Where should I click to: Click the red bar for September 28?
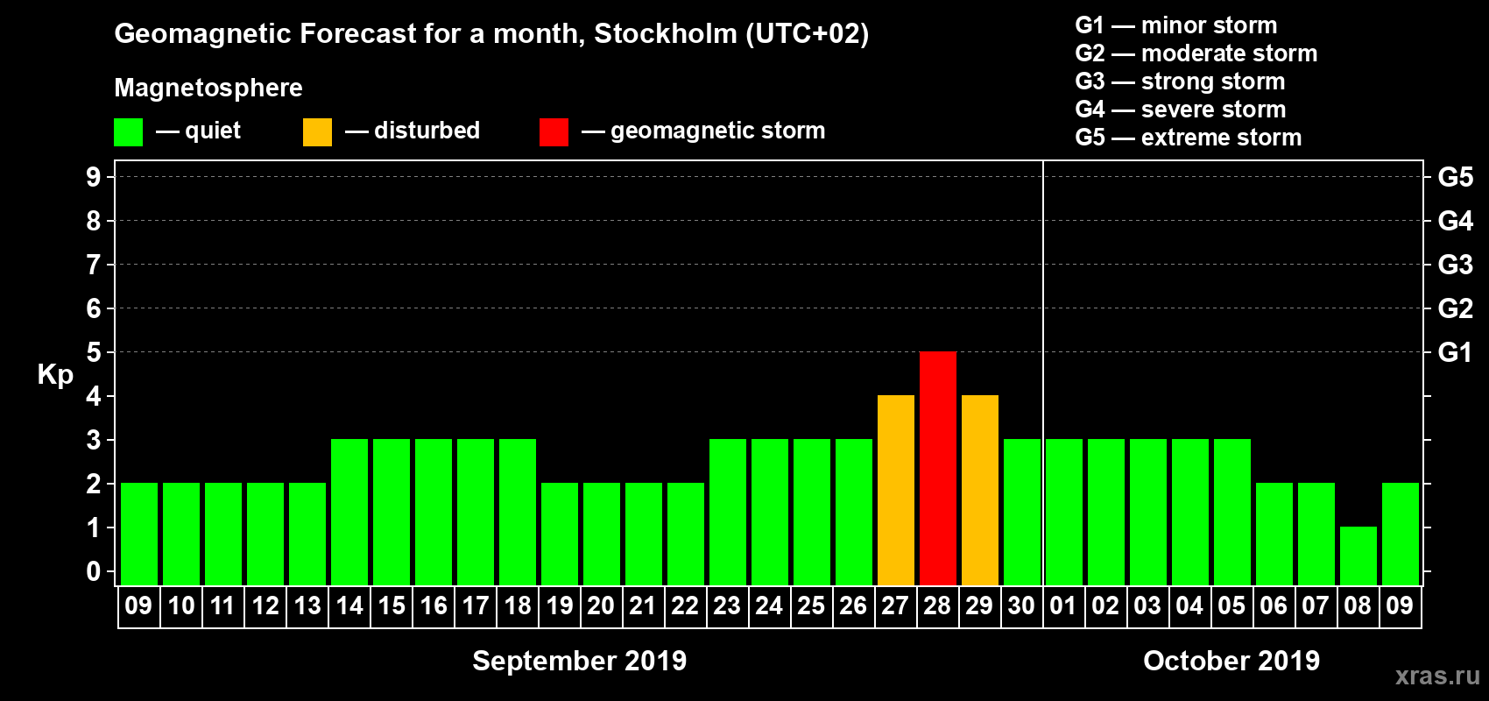point(938,468)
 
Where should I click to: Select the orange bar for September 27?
point(896,490)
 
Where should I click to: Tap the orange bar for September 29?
point(980,490)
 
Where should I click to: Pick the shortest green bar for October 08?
point(1358,556)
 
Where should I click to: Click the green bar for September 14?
point(349,512)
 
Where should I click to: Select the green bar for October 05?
point(1232,512)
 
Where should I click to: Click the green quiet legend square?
point(128,132)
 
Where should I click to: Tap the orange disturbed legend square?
point(317,132)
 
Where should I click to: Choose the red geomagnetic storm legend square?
point(554,132)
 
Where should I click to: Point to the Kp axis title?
point(55,374)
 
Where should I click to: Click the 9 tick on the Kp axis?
point(93,177)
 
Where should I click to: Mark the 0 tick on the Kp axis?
point(93,571)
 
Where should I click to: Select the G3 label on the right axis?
point(1455,265)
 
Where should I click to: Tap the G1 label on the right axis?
point(1455,352)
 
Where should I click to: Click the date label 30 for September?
point(1021,605)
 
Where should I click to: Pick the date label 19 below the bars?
point(559,605)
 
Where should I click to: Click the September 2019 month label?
point(579,661)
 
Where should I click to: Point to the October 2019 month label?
point(1231,661)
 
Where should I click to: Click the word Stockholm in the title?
point(666,34)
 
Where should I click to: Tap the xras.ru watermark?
point(1437,676)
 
